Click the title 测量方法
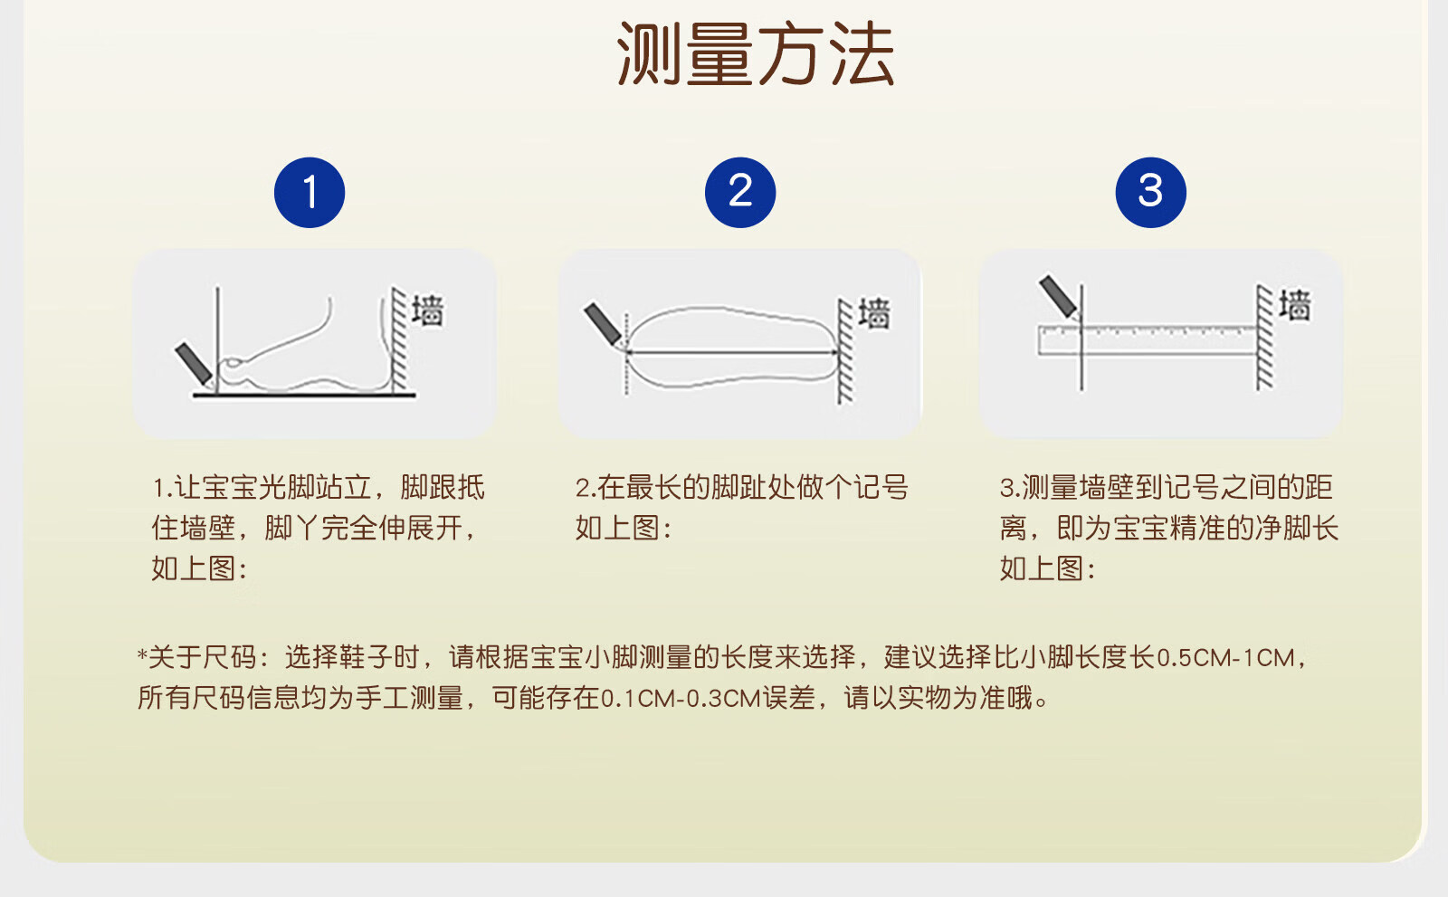point(756,53)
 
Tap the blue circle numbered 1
point(310,192)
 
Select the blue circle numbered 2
point(740,192)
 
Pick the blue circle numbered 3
point(1150,192)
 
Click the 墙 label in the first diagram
point(428,311)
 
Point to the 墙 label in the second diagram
point(874,314)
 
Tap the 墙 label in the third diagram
point(1295,305)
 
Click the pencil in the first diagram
point(194,364)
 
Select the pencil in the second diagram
point(604,325)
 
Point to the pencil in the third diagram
point(1059,298)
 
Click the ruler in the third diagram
point(1148,340)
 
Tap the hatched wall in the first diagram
point(399,339)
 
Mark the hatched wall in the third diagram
point(1264,337)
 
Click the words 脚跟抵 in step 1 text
point(443,488)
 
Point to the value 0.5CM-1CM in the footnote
point(1225,658)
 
